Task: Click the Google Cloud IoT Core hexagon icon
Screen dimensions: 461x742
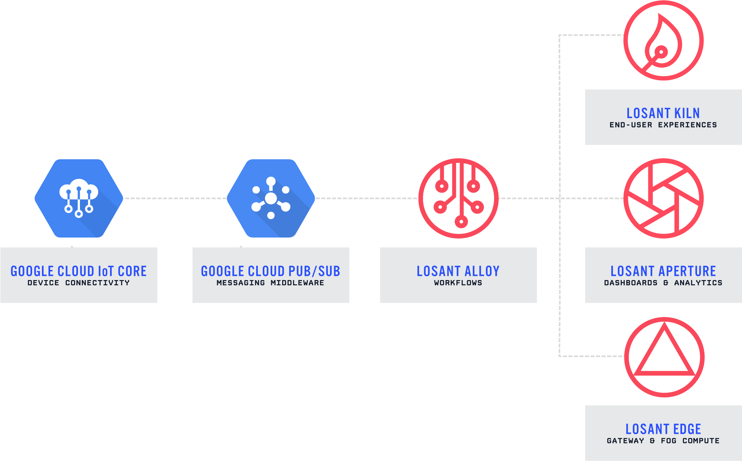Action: coord(79,198)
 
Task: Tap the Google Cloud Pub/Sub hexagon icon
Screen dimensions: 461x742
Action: coord(271,198)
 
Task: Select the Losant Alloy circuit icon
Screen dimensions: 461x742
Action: coord(458,198)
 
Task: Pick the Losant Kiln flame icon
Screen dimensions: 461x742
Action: coord(663,40)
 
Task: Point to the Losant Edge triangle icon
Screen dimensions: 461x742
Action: coord(664,357)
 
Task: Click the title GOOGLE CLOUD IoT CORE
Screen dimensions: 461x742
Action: coord(79,271)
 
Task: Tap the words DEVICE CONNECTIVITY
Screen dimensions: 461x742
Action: coord(79,283)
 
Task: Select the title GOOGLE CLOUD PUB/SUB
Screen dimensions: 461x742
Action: coord(271,271)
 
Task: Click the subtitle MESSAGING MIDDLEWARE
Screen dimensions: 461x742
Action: coord(271,283)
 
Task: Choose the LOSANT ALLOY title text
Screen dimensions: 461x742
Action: coord(458,271)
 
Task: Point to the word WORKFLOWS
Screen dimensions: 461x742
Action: coord(458,283)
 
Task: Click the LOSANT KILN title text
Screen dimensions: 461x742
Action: coord(663,113)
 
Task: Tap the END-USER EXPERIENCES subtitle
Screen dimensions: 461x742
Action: coord(663,125)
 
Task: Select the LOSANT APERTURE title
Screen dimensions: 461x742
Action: coord(663,271)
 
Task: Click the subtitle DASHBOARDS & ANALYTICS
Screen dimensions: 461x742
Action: coord(663,283)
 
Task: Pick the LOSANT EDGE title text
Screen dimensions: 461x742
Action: coord(663,429)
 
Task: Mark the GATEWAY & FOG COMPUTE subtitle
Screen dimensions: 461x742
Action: coord(663,441)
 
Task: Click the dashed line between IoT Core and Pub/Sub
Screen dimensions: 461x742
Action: coord(175,198)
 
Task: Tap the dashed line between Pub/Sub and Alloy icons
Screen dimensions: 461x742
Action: coord(366,198)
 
